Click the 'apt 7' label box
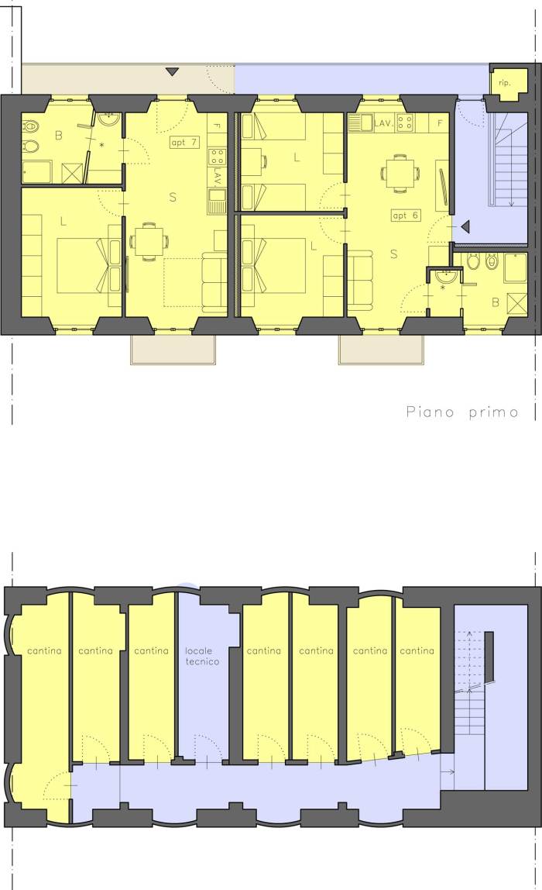pos(184,143)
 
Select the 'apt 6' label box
pos(406,215)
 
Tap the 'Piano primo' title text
pos(462,412)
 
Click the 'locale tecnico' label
pos(202,656)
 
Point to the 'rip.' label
pos(504,83)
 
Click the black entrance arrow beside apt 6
pos(465,227)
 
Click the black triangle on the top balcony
pos(173,71)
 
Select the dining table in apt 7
pos(149,243)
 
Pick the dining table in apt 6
pos(400,173)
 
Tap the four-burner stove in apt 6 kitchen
pos(404,122)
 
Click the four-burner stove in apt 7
pos(217,156)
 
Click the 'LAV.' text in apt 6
pos(383,122)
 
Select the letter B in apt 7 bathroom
pos(59,136)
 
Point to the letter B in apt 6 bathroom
pos(496,302)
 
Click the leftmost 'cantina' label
pos(44,651)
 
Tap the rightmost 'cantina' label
pos(417,651)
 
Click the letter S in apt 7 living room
pos(173,197)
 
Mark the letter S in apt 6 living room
pos(394,254)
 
